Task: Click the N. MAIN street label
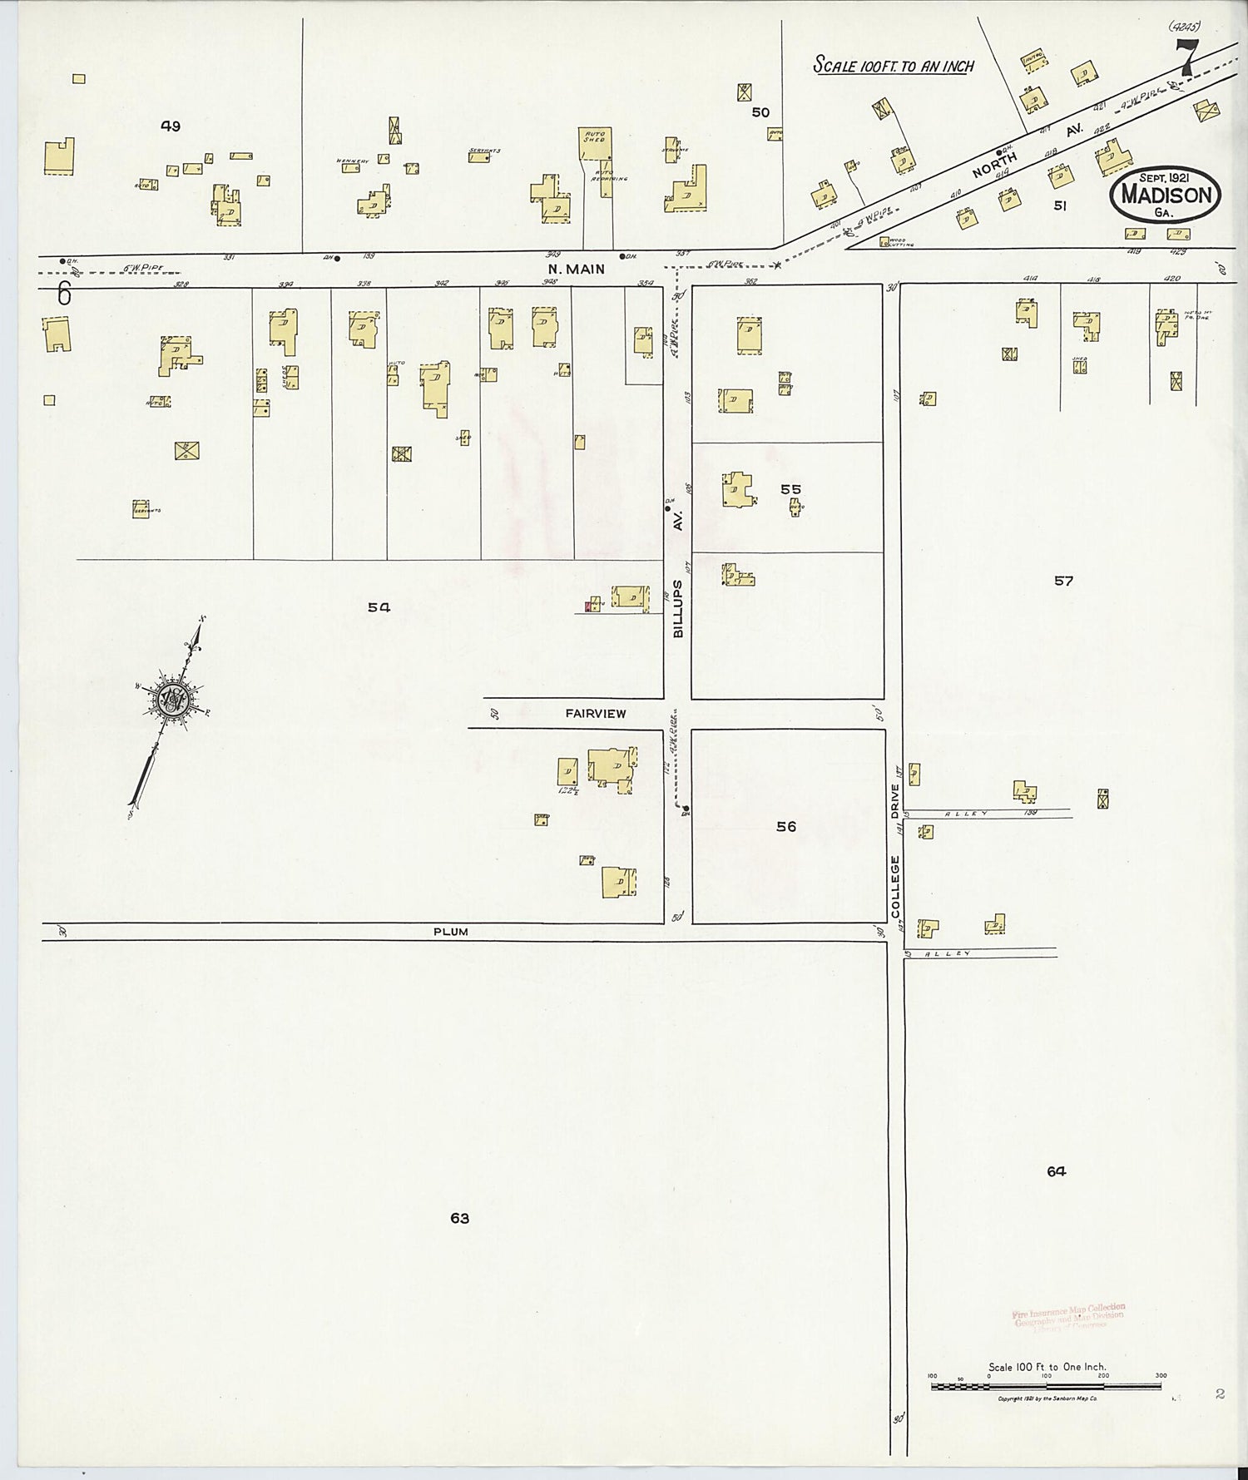[576, 270]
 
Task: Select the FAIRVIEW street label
[596, 714]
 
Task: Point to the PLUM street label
[450, 932]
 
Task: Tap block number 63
[460, 1218]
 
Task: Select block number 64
[1056, 1171]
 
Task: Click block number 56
[785, 826]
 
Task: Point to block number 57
[1063, 581]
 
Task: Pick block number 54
[379, 607]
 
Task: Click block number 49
[171, 126]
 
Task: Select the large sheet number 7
[1186, 58]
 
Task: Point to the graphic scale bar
[1046, 1386]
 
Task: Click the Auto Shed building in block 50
[595, 144]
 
